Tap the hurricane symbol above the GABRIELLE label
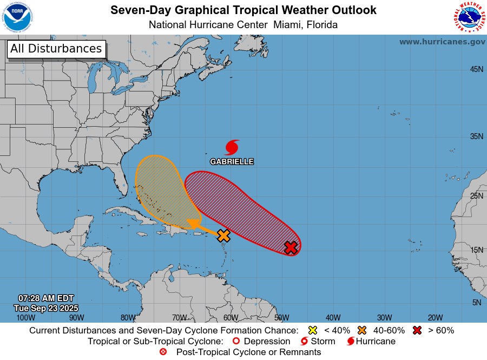(x=232, y=147)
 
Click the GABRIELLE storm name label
(x=232, y=162)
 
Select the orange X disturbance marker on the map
(x=223, y=235)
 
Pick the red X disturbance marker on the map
(x=291, y=247)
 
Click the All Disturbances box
(x=56, y=49)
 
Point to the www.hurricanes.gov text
(x=442, y=42)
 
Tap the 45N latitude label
(x=476, y=69)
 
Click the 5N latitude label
(x=477, y=303)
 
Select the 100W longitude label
(x=25, y=318)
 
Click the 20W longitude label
(x=435, y=318)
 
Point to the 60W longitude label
(x=231, y=318)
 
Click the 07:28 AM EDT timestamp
(x=45, y=298)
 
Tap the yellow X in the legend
(x=312, y=330)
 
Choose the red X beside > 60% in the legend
(x=417, y=330)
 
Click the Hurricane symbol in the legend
(x=351, y=342)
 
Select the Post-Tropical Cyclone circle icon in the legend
(x=163, y=352)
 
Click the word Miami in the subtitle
(x=289, y=25)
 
